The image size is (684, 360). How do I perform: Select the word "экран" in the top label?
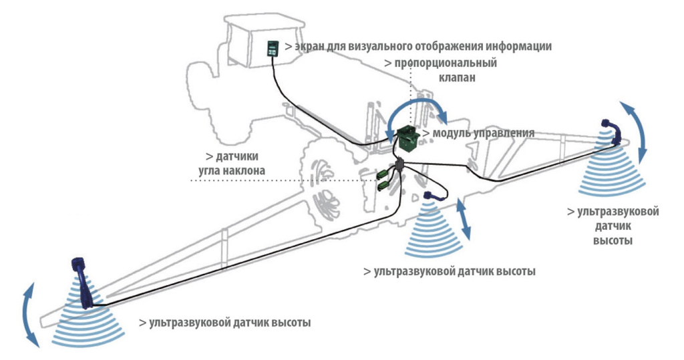click(x=309, y=47)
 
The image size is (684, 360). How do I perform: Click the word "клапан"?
click(x=458, y=78)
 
